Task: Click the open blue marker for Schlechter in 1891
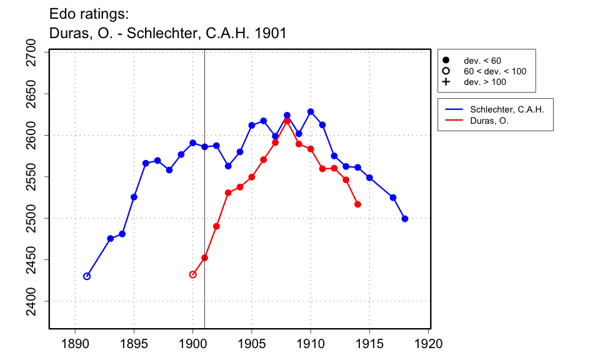coord(87,276)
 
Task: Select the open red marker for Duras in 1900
coord(192,274)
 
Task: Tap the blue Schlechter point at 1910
coord(311,112)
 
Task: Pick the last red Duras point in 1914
coord(357,204)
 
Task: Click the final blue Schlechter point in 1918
coord(405,219)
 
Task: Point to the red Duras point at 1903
coord(228,192)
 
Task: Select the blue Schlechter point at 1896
coord(146,163)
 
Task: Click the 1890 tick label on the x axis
coord(75,343)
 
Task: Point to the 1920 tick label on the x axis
coord(429,343)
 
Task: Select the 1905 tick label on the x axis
coord(252,343)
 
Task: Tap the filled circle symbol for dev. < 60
coord(446,61)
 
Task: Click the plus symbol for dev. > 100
coord(446,82)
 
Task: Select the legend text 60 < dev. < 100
coord(494,71)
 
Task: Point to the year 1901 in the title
coord(271,33)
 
